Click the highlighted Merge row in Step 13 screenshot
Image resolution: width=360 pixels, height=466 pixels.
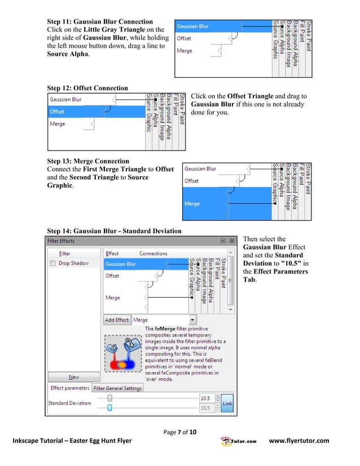point(226,204)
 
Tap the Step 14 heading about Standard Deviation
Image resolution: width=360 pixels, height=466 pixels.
point(114,231)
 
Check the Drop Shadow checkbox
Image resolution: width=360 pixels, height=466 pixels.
point(53,263)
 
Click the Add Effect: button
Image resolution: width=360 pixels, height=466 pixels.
point(117,320)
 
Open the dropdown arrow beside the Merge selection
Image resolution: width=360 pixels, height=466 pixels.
point(192,320)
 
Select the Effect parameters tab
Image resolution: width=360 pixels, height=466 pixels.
point(70,388)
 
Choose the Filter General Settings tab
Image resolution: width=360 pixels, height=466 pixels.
point(117,388)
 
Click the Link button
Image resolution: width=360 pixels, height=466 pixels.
point(227,403)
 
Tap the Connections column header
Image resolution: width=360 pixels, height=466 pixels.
point(153,254)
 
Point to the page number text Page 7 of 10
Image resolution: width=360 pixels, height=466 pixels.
point(179,432)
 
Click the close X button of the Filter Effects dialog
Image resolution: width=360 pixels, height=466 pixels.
point(232,241)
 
